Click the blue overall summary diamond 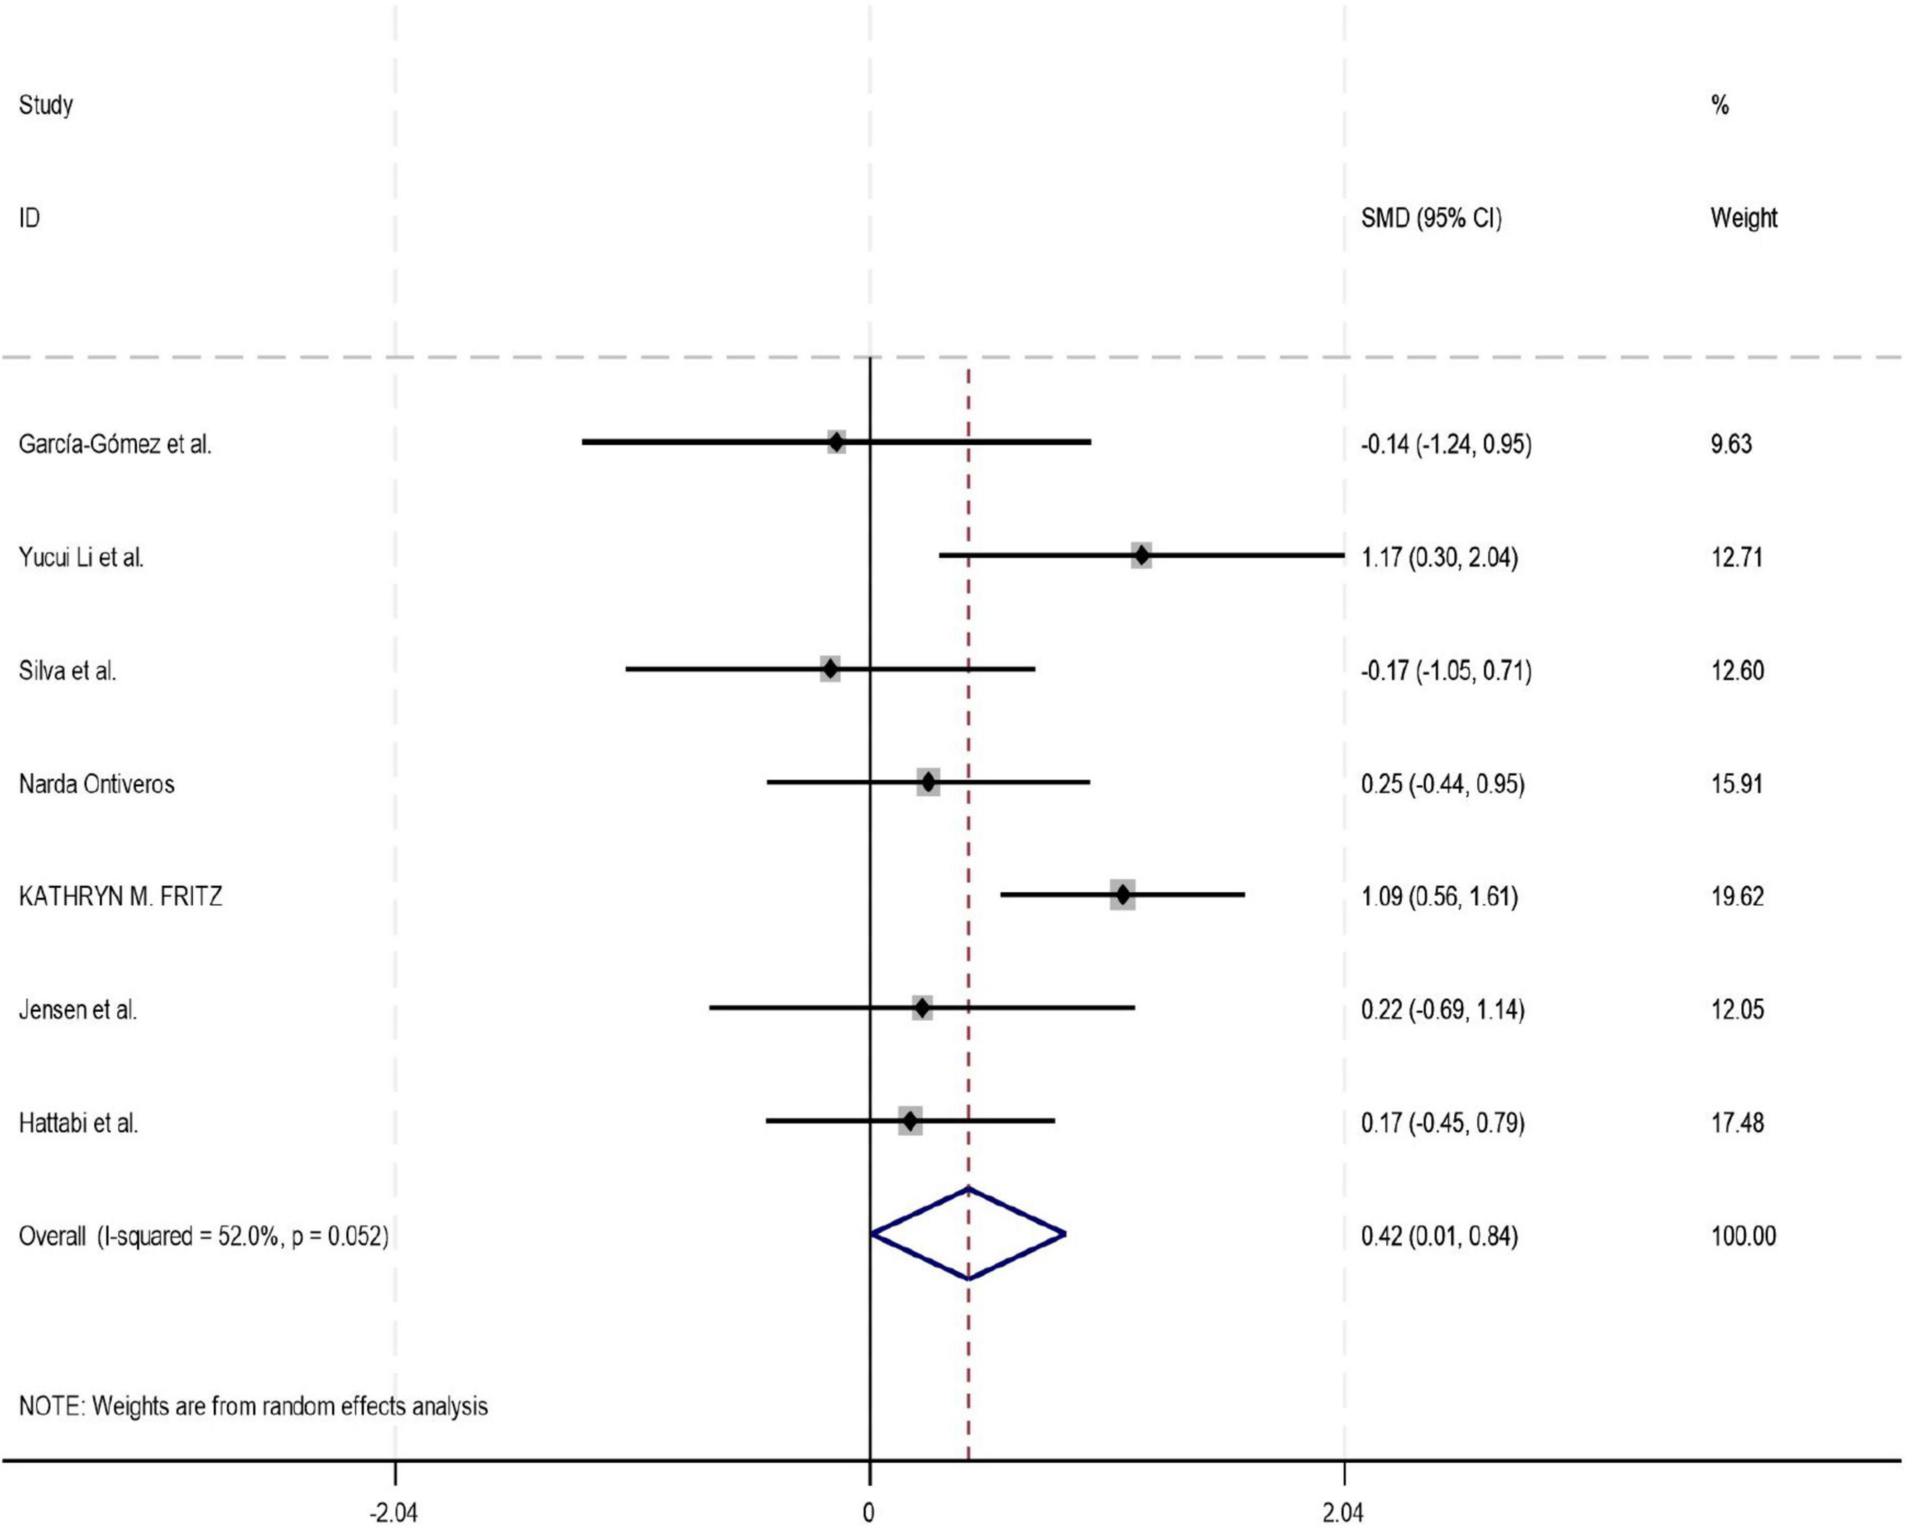click(968, 1233)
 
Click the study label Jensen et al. click(78, 1009)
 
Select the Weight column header click(1744, 218)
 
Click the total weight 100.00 click(1743, 1236)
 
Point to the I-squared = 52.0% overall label click(203, 1236)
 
